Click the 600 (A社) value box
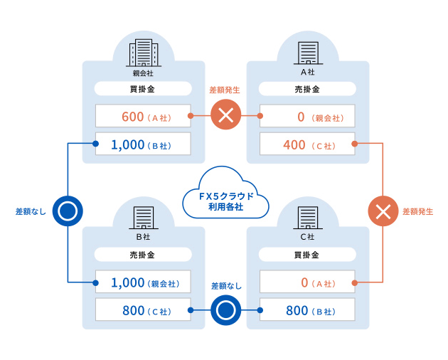(x=143, y=117)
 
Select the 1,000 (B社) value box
(x=143, y=144)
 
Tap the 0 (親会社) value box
(x=308, y=117)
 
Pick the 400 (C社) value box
(x=308, y=144)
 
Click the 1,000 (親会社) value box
(x=143, y=282)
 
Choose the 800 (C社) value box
(x=143, y=310)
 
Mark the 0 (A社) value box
(x=308, y=282)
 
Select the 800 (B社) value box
(x=308, y=310)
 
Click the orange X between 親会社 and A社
(x=225, y=116)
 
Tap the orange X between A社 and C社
(x=383, y=211)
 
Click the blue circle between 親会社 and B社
(x=68, y=211)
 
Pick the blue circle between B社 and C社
(x=225, y=310)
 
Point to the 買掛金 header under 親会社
(x=143, y=90)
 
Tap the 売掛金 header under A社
(x=308, y=90)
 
